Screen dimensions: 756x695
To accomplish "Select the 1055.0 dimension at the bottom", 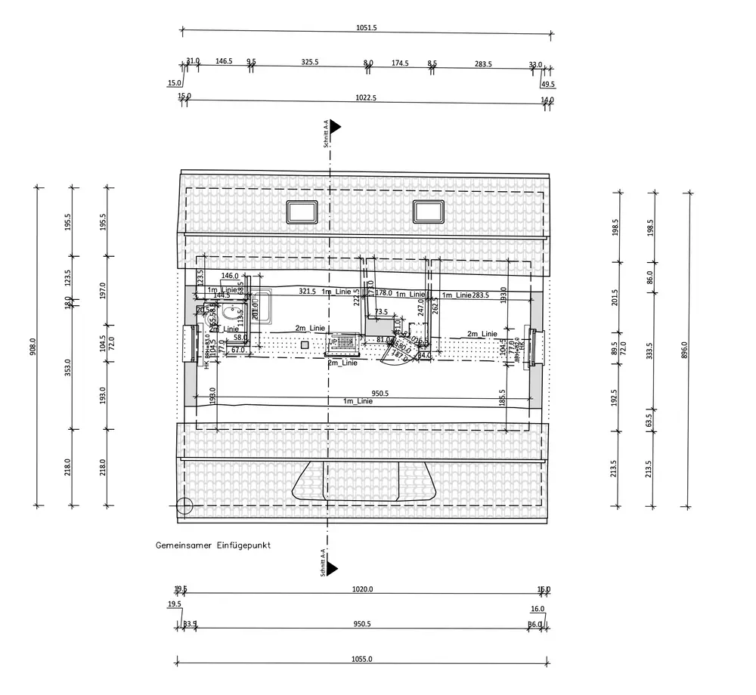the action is click(x=363, y=659).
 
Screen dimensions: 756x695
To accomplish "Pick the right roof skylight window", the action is click(x=427, y=212).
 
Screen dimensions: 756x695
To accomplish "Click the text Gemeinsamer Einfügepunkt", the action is click(x=213, y=545).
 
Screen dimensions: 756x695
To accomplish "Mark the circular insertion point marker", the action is click(x=184, y=507).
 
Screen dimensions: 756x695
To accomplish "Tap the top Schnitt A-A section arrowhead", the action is click(x=333, y=126).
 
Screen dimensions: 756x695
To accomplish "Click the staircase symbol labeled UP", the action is click(x=342, y=344).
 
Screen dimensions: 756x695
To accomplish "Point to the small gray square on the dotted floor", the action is click(x=304, y=344).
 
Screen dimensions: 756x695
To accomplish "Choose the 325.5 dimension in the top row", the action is click(x=309, y=63).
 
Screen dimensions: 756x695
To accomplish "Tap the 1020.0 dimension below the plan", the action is click(x=363, y=589).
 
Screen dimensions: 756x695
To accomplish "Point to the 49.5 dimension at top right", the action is click(x=548, y=84).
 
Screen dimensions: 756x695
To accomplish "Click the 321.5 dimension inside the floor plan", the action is click(x=307, y=291).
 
